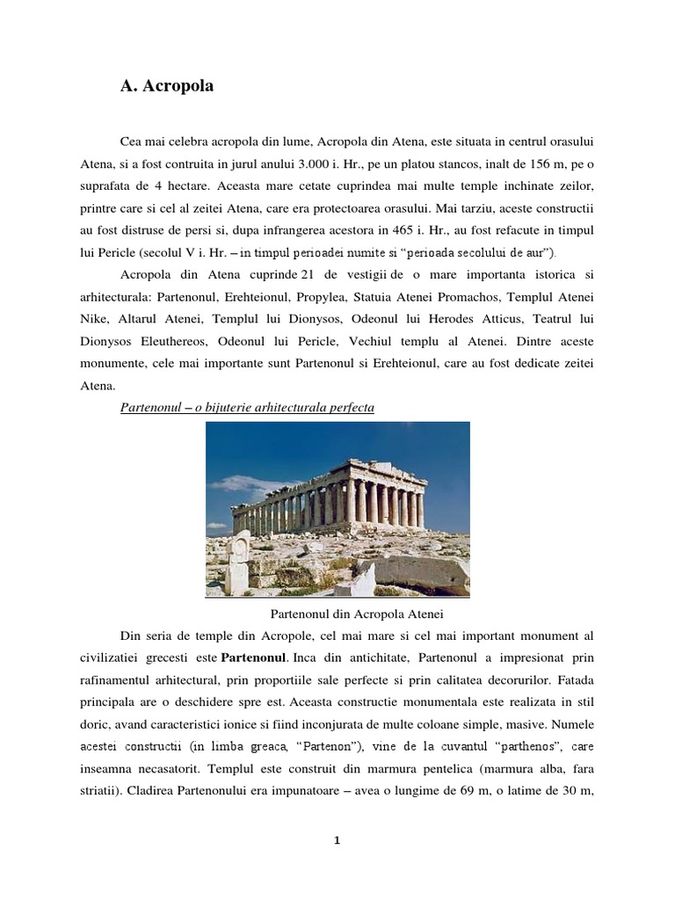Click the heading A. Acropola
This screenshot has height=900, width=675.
click(166, 87)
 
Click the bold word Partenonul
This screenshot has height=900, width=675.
click(253, 657)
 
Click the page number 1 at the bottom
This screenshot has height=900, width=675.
click(337, 840)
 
